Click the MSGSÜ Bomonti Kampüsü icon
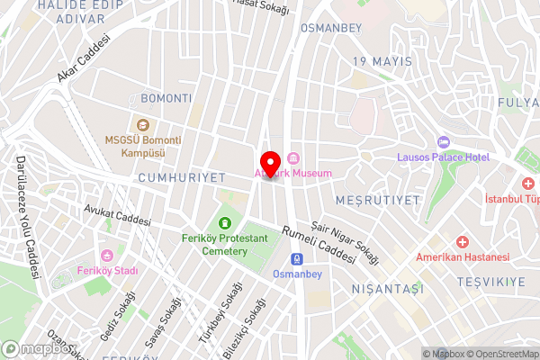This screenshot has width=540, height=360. coord(140,124)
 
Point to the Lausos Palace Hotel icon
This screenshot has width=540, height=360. coord(443,143)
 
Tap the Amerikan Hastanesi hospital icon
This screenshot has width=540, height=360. coord(462,242)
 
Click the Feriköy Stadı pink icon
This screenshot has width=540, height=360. coord(108,256)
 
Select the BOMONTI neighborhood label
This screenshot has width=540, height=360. coord(166,98)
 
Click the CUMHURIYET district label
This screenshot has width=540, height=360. coord(181,178)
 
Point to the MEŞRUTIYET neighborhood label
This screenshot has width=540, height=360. coord(377,197)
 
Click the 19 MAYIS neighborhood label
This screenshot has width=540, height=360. coord(382,61)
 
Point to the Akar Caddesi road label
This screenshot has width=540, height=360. coord(83,58)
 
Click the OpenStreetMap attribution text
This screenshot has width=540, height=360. coord(500,354)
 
